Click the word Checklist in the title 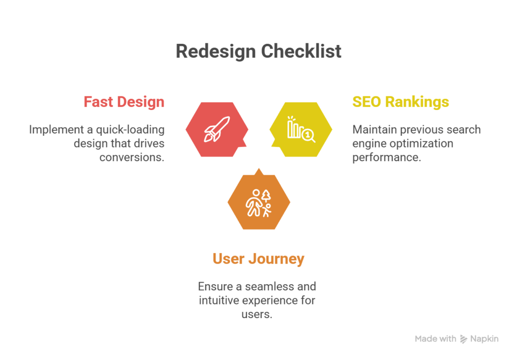[301, 52]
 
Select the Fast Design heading [124, 101]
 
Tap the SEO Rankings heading [400, 101]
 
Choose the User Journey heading [258, 259]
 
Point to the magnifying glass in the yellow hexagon [307, 135]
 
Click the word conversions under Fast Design [132, 157]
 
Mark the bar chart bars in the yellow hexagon [293, 129]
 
